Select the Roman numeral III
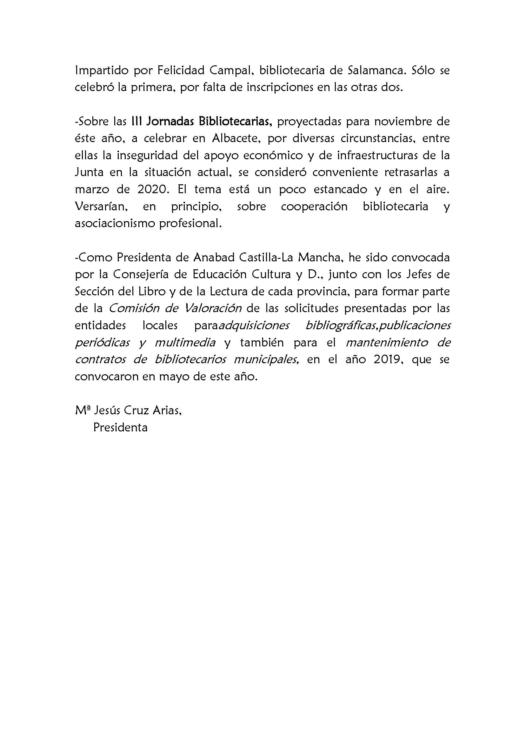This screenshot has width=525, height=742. (x=136, y=121)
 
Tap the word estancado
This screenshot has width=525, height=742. (x=340, y=189)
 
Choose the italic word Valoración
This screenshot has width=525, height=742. (x=212, y=308)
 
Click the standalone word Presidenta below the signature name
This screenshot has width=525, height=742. (x=120, y=428)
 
